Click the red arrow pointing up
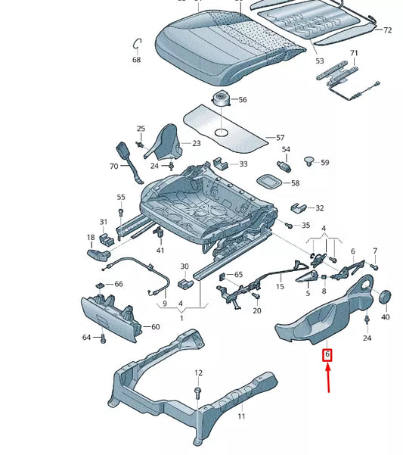(x=327, y=378)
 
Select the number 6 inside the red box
(x=327, y=354)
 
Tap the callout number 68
(x=136, y=59)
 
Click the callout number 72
(x=387, y=30)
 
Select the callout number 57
(x=280, y=138)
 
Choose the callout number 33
(x=243, y=164)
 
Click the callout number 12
(x=198, y=372)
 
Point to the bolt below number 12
(x=198, y=391)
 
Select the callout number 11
(x=242, y=416)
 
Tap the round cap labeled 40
(x=384, y=297)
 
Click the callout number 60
(x=155, y=327)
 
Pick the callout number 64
(x=87, y=337)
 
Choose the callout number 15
(x=280, y=287)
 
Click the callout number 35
(x=305, y=226)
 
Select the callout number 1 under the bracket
(x=181, y=319)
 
